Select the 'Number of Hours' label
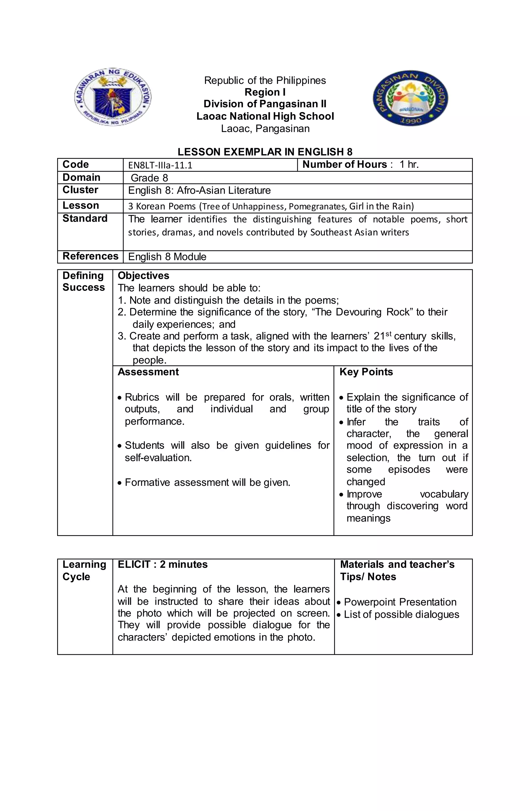(344, 165)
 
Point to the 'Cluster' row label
(80, 190)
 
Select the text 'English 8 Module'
(167, 257)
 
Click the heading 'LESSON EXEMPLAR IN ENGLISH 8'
(265, 152)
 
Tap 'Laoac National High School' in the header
(265, 116)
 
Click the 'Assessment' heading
(148, 372)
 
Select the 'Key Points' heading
(366, 372)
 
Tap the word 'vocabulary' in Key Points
(444, 494)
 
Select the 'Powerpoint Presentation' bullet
(400, 602)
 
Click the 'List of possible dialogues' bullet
(401, 614)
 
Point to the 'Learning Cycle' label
(84, 570)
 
